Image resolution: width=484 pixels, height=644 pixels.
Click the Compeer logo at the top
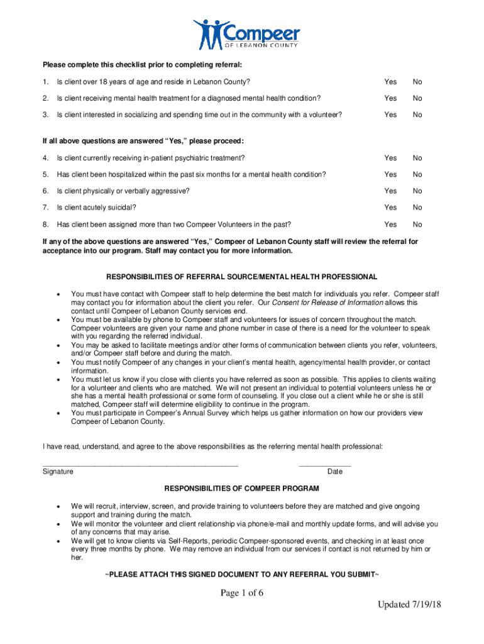point(246,34)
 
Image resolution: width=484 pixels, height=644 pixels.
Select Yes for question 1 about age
point(390,82)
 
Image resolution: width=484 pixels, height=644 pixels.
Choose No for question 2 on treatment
point(417,98)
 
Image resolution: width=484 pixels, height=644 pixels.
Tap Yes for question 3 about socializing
point(390,114)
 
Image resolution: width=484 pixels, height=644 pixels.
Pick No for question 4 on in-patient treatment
point(417,158)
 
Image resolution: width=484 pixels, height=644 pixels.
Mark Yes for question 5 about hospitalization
point(390,174)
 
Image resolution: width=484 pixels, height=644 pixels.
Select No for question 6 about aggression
point(417,191)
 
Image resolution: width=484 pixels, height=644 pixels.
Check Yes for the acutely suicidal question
point(390,208)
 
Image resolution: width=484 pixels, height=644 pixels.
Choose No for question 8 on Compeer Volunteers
point(417,225)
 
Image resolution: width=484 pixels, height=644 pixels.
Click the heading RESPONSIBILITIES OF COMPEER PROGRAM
point(241,489)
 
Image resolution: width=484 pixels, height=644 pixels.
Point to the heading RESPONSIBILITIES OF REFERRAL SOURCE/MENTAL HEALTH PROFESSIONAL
point(241,277)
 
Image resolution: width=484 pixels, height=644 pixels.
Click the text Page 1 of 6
point(241,596)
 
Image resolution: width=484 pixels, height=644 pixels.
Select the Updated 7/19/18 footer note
point(409,622)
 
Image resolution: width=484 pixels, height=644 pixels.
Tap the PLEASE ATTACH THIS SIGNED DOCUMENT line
point(241,575)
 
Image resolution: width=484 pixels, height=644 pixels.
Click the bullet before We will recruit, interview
point(58,506)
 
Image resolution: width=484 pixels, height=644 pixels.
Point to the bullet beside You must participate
point(58,414)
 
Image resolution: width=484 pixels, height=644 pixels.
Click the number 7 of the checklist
point(45,208)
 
